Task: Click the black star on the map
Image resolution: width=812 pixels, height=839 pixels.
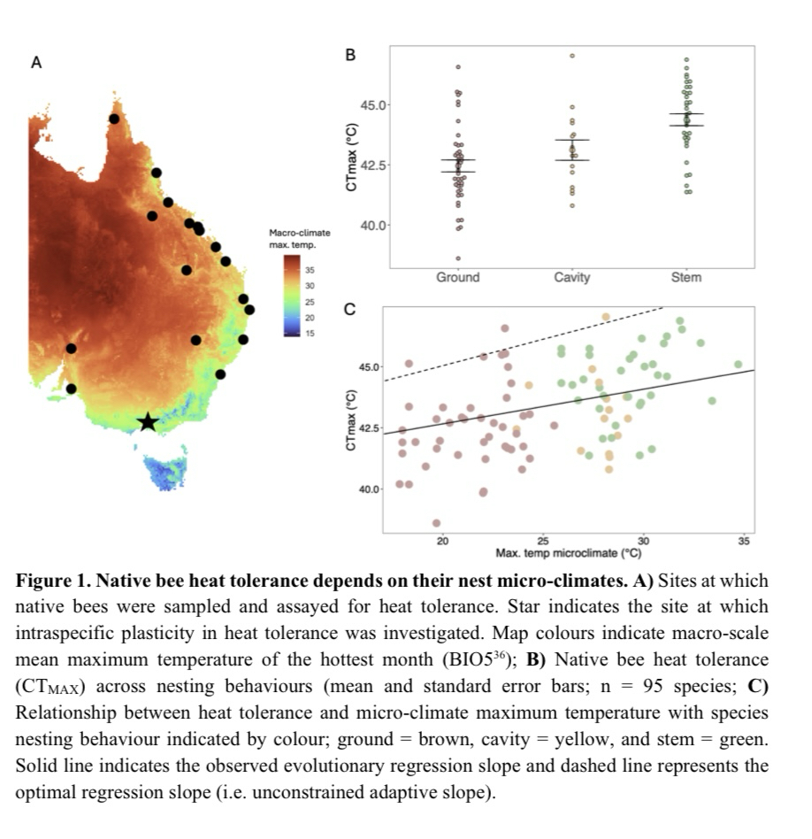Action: point(148,422)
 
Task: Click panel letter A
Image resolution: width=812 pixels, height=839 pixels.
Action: point(36,63)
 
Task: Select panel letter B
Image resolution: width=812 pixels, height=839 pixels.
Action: point(349,55)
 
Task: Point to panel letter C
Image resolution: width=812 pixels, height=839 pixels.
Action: point(349,310)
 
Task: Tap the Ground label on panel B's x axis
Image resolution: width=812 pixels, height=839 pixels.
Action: point(457,278)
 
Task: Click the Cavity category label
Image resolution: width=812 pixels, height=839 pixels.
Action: point(571,278)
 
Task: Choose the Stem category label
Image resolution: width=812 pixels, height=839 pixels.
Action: point(686,278)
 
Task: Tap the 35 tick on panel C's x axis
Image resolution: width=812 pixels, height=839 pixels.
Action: point(743,541)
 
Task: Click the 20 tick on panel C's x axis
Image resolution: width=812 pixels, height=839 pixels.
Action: point(442,541)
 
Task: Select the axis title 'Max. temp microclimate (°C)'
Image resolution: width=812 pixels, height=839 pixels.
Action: point(569,553)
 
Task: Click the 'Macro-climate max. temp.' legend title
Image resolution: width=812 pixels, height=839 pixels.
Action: point(299,238)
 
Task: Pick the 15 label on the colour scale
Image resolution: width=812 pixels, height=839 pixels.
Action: point(310,333)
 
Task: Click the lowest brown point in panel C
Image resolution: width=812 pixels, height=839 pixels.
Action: point(436,522)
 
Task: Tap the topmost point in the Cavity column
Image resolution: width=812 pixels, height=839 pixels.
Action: point(572,56)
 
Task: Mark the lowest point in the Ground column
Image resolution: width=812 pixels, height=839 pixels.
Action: point(457,258)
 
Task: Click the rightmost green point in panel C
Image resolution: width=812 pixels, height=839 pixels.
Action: point(738,364)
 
